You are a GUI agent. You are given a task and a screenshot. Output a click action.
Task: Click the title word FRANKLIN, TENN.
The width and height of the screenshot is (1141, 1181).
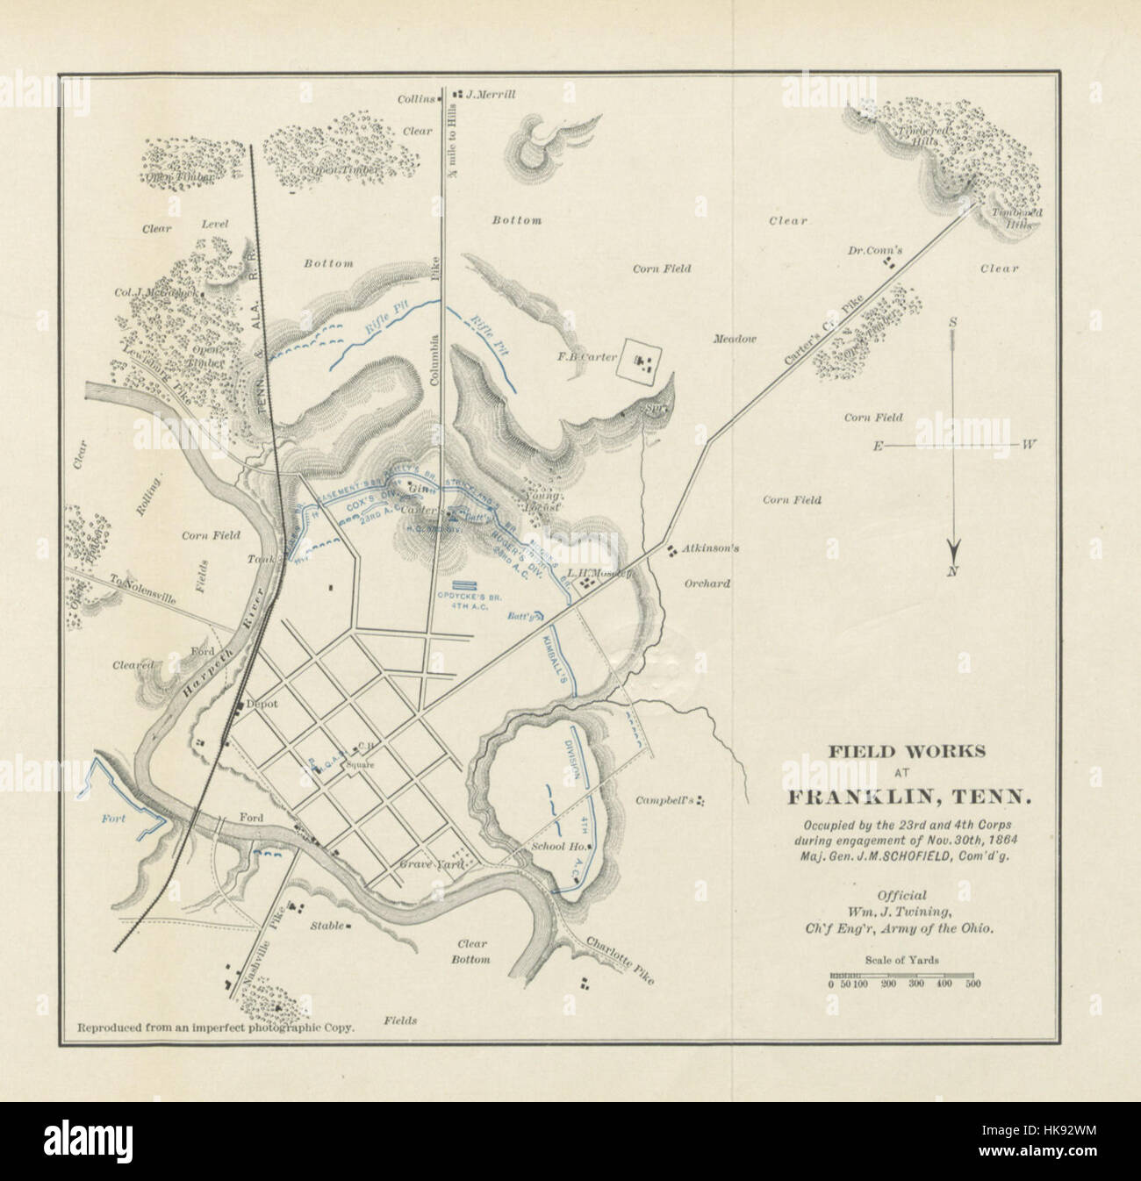(908, 798)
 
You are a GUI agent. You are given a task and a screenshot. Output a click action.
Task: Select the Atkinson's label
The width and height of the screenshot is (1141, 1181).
(712, 549)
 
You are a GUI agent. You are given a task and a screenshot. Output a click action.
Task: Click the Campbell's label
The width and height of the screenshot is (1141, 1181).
(665, 800)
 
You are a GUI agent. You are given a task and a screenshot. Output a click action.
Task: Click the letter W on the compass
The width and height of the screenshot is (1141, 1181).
(1030, 445)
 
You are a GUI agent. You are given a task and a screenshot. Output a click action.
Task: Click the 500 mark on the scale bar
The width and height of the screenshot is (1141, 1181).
(972, 984)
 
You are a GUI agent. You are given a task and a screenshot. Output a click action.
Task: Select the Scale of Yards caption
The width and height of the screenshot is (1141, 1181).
(901, 960)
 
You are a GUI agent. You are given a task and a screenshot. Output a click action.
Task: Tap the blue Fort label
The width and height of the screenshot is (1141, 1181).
(113, 819)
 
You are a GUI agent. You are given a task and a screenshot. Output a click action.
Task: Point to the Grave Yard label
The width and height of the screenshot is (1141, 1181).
(424, 863)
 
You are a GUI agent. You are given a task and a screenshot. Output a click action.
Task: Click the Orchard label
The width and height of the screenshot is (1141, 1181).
(707, 583)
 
